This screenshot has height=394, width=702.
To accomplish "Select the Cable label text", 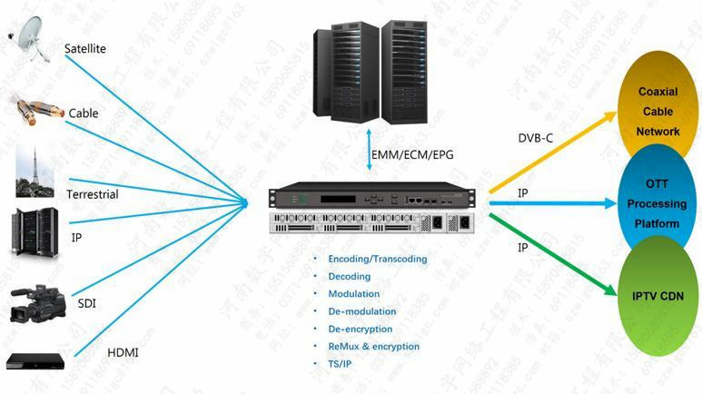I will (x=84, y=113).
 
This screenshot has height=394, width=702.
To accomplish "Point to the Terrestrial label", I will (x=92, y=194).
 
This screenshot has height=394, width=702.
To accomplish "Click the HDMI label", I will (x=123, y=352).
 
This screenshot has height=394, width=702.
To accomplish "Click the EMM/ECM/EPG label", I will (x=411, y=155).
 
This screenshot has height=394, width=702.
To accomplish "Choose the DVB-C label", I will (x=535, y=138).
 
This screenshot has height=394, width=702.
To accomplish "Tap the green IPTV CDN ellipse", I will (x=658, y=295).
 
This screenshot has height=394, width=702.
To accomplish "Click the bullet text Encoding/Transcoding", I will (x=377, y=259).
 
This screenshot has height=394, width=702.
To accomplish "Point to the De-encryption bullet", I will (x=361, y=329).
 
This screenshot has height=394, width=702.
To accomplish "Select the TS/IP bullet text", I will (x=341, y=363).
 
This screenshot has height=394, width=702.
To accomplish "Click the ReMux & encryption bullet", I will (x=373, y=346).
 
